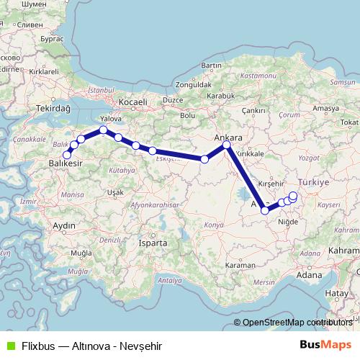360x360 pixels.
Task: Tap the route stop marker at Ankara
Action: click(x=227, y=145)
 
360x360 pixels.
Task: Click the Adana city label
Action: click(x=310, y=274)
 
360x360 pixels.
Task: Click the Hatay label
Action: click(x=336, y=294)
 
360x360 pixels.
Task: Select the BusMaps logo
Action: click(x=325, y=344)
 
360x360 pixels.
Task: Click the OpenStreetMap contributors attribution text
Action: click(x=295, y=323)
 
